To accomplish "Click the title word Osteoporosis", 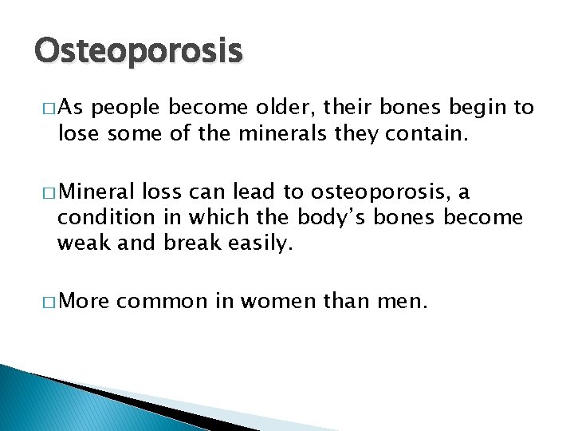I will tap(137, 52).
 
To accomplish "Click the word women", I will tap(267, 302).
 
